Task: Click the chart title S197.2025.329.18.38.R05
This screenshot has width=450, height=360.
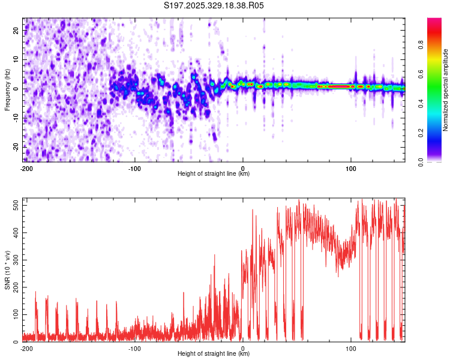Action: point(214,5)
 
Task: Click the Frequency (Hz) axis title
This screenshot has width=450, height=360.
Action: point(7,88)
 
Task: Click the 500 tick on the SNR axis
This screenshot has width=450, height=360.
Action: point(15,206)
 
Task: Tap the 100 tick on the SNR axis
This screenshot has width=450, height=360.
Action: point(15,314)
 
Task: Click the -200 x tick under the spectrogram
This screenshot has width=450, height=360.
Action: point(26,168)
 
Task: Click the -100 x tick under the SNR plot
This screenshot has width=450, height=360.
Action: point(134,348)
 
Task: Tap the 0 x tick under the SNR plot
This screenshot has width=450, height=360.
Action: point(243,348)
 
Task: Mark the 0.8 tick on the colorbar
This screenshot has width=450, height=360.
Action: point(436,44)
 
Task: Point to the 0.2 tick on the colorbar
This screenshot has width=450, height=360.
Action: point(436,133)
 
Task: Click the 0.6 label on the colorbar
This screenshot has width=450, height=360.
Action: point(436,74)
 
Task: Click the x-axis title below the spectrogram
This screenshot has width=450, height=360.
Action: point(214,174)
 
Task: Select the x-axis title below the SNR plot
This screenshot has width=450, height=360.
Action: point(214,354)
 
